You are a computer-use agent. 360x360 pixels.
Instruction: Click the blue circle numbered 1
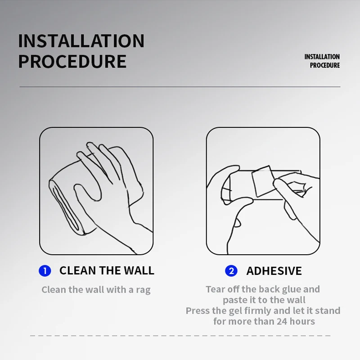(x=45, y=271)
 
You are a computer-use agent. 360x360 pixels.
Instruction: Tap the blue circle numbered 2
(x=231, y=271)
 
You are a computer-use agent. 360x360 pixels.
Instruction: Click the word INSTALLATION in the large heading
(x=81, y=41)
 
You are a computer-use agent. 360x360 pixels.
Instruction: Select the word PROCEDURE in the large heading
(x=72, y=61)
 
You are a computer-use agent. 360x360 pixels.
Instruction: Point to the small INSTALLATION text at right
(x=322, y=57)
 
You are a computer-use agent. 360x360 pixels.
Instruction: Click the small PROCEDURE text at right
(x=324, y=65)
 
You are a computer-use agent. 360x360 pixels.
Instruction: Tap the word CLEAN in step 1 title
(x=77, y=270)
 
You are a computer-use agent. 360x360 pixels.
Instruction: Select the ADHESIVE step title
(x=274, y=271)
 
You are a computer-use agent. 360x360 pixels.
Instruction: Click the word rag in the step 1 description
(x=143, y=290)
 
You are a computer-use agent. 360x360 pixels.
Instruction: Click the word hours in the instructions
(x=302, y=321)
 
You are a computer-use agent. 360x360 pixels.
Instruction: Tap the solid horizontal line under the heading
(x=180, y=87)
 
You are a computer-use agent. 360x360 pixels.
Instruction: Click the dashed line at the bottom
(x=180, y=336)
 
